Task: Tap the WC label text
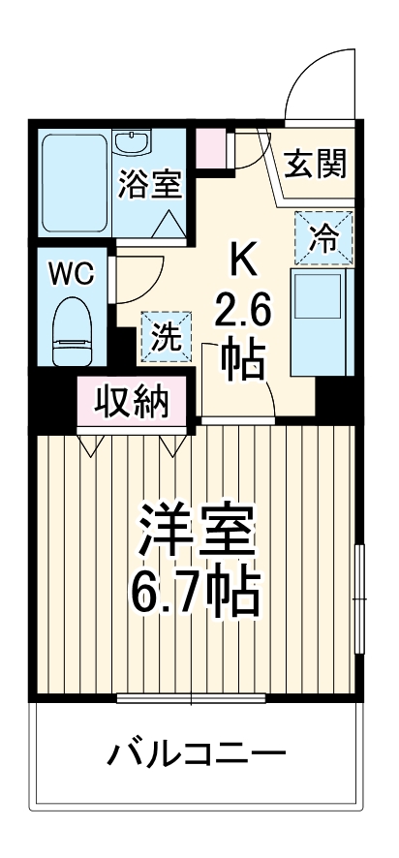(73, 273)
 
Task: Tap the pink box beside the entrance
(210, 146)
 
